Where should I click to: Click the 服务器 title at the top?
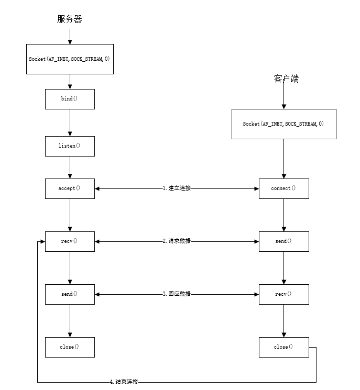(x=70, y=19)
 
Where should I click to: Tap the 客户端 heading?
(x=286, y=79)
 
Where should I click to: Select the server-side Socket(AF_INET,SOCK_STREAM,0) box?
(x=70, y=59)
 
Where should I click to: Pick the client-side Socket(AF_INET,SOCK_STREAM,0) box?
(x=283, y=124)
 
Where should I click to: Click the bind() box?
(x=70, y=98)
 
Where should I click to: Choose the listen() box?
(x=70, y=146)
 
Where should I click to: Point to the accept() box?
(x=70, y=188)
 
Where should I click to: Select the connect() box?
(x=283, y=188)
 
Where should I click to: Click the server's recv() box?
(x=70, y=241)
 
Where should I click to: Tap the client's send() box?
(x=283, y=241)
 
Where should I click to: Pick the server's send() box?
(x=70, y=294)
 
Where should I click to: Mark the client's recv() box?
(x=283, y=294)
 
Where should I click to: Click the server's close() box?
(x=70, y=347)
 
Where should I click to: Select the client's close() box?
(x=283, y=347)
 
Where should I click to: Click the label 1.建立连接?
(x=177, y=188)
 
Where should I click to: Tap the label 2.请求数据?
(x=177, y=241)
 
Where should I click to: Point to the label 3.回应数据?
(x=177, y=294)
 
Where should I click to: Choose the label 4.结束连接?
(x=124, y=382)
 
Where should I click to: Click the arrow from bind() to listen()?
(x=70, y=122)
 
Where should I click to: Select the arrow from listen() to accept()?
(x=70, y=167)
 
